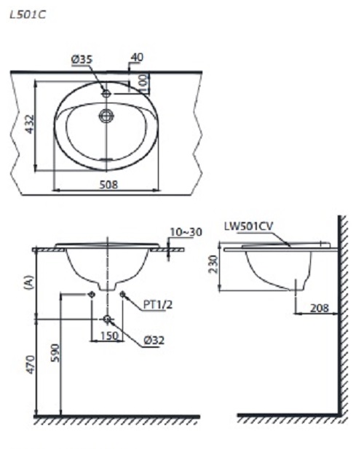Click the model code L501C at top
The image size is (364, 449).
point(27,14)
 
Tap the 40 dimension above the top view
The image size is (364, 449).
point(138,57)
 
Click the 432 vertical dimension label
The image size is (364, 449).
point(28,125)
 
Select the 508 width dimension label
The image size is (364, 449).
point(108,185)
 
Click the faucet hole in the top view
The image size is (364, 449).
point(106,94)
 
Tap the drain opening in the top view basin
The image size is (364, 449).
point(107,114)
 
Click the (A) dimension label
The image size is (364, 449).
point(28,284)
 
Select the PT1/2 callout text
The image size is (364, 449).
point(157,306)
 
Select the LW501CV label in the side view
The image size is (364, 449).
point(250,229)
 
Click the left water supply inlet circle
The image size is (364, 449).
point(91,294)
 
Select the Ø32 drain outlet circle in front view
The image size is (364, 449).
point(107,319)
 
